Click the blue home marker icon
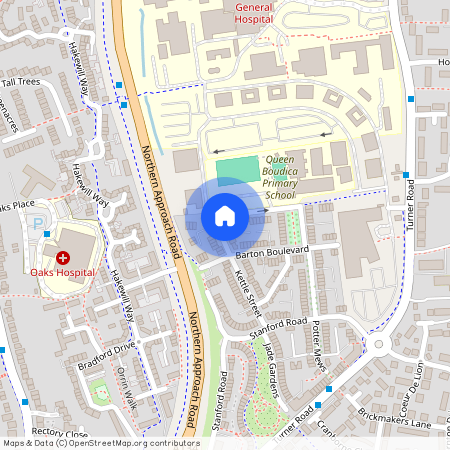tap(225, 215)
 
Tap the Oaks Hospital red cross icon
tap(62, 257)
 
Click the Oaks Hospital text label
tap(62, 272)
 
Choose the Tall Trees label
tap(21, 82)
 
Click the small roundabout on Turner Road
tap(378, 346)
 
